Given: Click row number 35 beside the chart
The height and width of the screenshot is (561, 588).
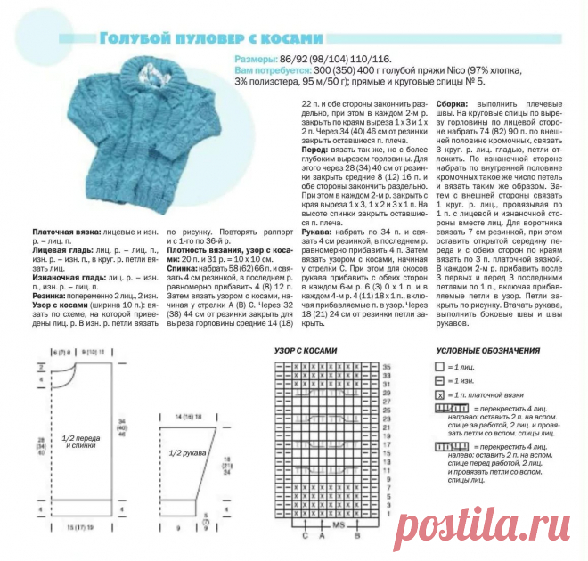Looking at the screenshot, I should (388, 367).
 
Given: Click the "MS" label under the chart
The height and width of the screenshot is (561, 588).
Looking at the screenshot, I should (338, 527).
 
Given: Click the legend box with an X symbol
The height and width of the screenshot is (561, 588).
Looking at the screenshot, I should (438, 394).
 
